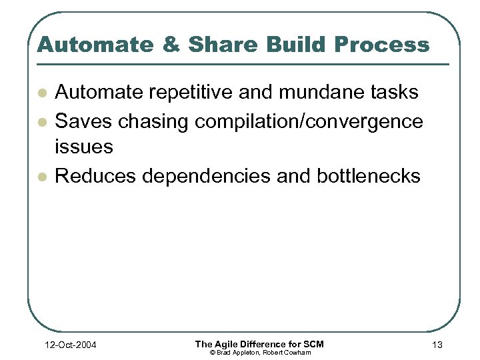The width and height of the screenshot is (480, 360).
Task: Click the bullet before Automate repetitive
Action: (x=41, y=92)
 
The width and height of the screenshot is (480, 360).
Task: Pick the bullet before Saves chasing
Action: (x=41, y=121)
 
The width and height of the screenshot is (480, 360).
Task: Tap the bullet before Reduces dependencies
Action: (x=41, y=176)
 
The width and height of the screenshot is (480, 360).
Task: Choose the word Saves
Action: (x=82, y=121)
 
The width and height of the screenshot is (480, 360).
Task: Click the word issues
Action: (x=83, y=147)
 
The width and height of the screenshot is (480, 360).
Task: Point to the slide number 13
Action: (x=437, y=344)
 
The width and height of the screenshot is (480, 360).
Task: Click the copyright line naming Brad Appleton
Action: (x=259, y=352)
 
